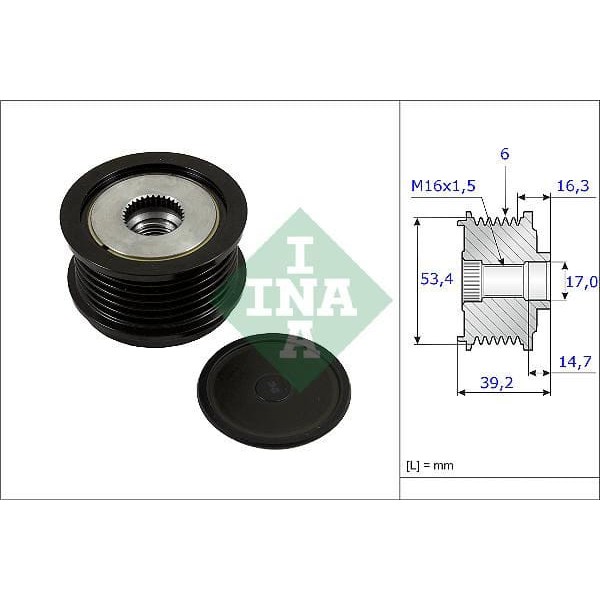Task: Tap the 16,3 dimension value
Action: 572,185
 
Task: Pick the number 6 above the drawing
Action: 506,154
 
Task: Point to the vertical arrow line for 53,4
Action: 417,281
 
